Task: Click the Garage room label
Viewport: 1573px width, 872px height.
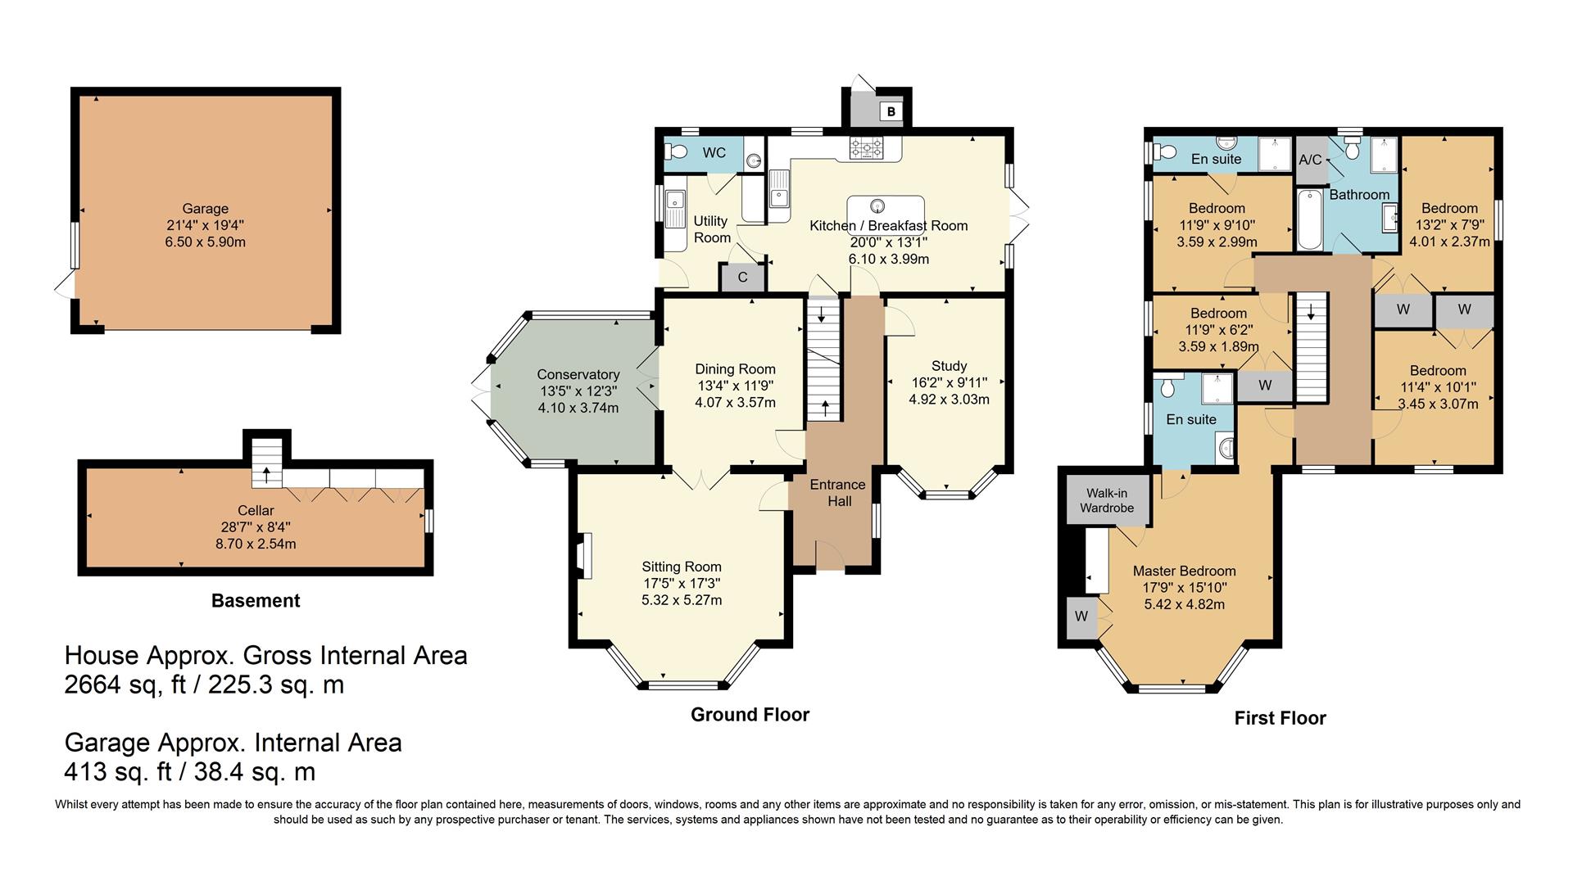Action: click(205, 209)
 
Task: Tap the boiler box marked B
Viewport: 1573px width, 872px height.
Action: click(891, 111)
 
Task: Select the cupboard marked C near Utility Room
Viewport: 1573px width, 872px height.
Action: click(742, 278)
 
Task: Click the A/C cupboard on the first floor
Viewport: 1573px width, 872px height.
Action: click(1310, 160)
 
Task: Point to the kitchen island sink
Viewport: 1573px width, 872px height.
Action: click(877, 206)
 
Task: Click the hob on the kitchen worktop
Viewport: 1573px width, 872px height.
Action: click(866, 148)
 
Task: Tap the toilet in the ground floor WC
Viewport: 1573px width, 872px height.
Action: click(677, 151)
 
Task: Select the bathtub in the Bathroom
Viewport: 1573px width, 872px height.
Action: click(1309, 219)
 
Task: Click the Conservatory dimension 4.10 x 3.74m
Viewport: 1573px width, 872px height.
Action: click(578, 408)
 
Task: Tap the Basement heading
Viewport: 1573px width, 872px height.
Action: click(256, 601)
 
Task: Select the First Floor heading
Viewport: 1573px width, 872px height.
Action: click(1280, 719)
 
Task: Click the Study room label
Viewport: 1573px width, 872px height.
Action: click(949, 366)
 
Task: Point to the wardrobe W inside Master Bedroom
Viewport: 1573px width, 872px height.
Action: click(1081, 617)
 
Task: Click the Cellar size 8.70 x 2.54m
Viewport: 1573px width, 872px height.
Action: click(256, 544)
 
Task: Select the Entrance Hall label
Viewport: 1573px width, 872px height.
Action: click(838, 493)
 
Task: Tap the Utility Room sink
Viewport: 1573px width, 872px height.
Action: click(676, 201)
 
